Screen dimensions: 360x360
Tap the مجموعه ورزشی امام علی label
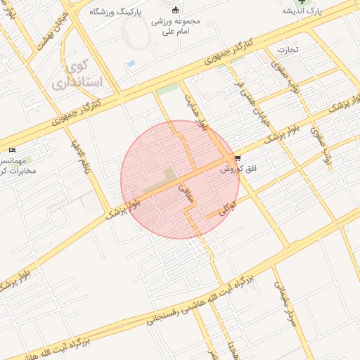tap(180, 27)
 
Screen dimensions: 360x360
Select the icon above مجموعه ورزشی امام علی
tap(175, 10)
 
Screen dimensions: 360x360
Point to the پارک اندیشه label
tap(302, 11)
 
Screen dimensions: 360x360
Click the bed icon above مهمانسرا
tap(13, 150)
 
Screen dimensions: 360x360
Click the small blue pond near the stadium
tap(130, 64)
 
